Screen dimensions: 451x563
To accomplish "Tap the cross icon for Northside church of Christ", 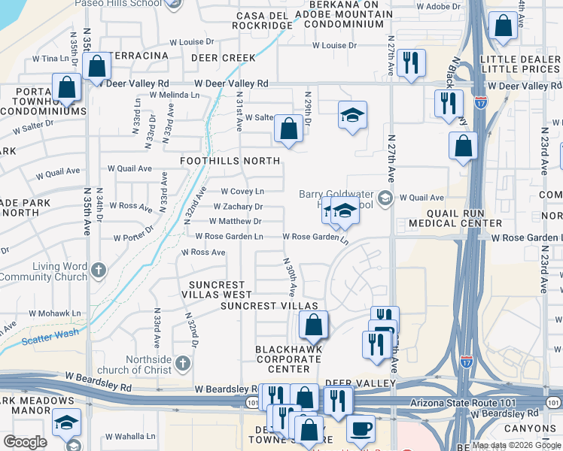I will (181, 365).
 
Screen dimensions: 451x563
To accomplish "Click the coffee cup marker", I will (360, 428).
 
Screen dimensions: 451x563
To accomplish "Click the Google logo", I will (25, 442).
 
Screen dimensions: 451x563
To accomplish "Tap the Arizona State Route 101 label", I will (463, 404).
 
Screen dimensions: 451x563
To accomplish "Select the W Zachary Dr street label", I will (238, 207).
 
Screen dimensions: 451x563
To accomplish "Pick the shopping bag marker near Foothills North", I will (288, 129).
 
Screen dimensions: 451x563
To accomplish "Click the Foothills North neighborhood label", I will (230, 161).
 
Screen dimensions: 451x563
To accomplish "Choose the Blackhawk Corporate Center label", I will (289, 359).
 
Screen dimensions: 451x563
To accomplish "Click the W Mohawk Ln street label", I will (54, 313).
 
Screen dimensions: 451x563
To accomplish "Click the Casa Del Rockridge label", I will (264, 20).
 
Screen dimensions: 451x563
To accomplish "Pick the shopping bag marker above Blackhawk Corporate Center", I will (313, 325).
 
